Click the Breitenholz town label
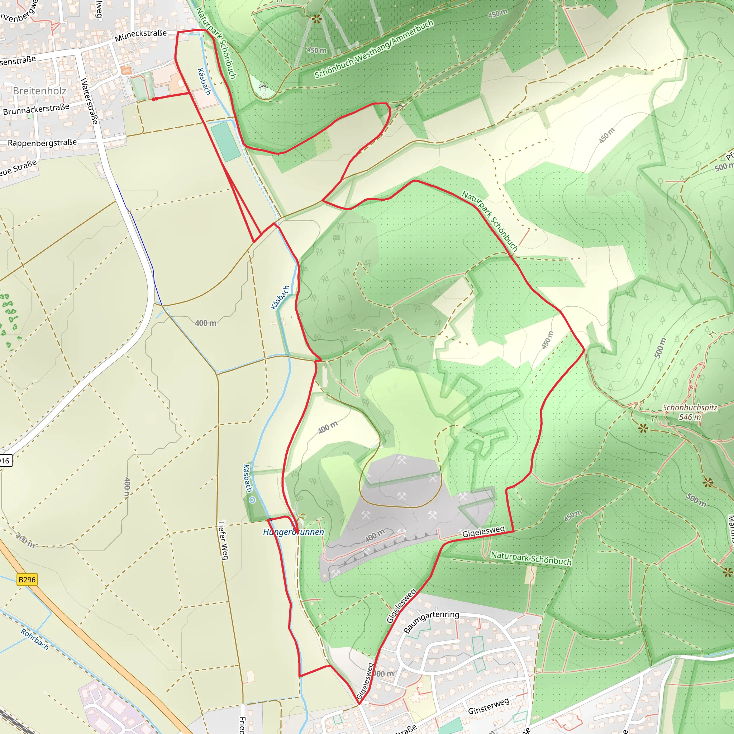[39, 91]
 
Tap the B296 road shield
[27, 580]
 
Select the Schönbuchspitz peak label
[690, 407]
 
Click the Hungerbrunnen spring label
[294, 532]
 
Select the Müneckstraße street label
[140, 36]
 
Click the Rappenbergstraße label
[42, 143]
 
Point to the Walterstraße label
[89, 101]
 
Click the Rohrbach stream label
[34, 639]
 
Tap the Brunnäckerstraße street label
[36, 109]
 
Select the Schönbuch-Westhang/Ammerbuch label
[374, 49]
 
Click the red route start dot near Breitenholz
[154, 99]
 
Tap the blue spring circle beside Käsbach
[252, 500]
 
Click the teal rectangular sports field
[226, 142]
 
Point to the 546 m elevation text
[690, 417]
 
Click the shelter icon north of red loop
[399, 108]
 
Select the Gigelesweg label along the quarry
[483, 531]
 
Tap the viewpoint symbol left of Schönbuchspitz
[643, 429]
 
